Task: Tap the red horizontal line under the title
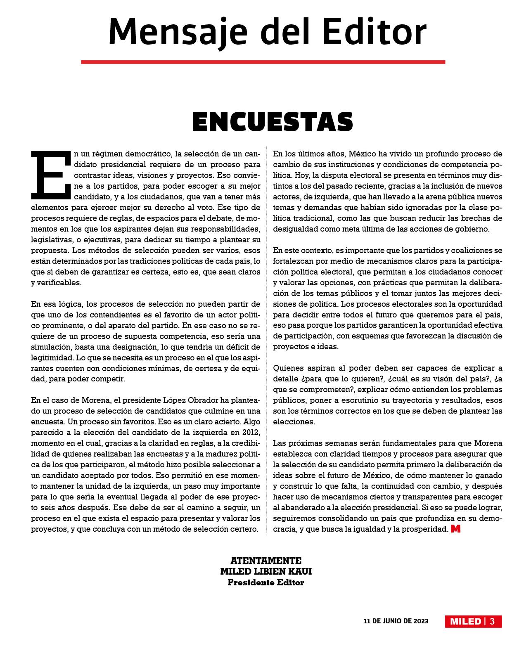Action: pos(263,62)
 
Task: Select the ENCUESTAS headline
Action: pos(273,122)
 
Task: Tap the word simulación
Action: pos(50,346)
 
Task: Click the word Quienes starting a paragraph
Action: pos(289,368)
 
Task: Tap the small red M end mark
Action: pos(455,529)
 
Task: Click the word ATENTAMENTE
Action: pos(266,561)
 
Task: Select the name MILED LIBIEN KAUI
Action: pos(266,571)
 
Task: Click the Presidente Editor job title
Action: pos(266,582)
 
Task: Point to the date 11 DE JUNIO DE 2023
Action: pos(396,621)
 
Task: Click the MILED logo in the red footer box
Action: pos(465,622)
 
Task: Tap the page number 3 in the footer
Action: pos(492,622)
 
